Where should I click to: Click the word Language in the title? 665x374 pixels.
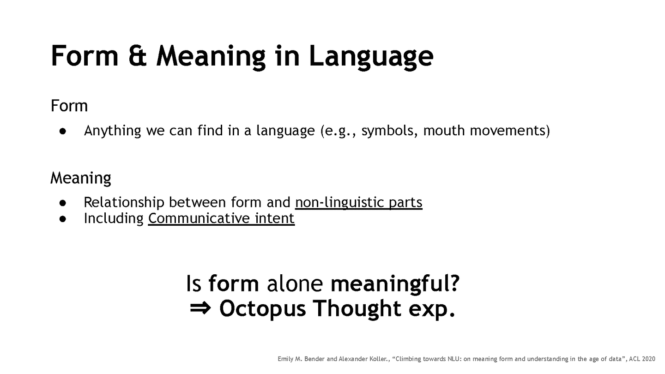click(x=371, y=56)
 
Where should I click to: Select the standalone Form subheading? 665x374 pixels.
click(x=69, y=106)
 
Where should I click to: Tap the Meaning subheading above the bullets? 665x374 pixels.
click(x=80, y=178)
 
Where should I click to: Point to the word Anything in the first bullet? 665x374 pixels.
click(x=112, y=131)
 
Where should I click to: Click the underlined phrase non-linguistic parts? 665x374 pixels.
click(x=358, y=202)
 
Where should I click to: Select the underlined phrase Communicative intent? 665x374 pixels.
click(x=221, y=218)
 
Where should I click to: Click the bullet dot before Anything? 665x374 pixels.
click(x=63, y=131)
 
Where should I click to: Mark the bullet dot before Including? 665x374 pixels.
click(x=63, y=218)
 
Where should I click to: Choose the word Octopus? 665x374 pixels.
click(x=262, y=308)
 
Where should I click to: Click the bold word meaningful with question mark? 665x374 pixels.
click(x=395, y=283)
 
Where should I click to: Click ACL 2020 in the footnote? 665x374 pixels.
click(x=642, y=359)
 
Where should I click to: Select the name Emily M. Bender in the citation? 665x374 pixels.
click(x=301, y=359)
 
